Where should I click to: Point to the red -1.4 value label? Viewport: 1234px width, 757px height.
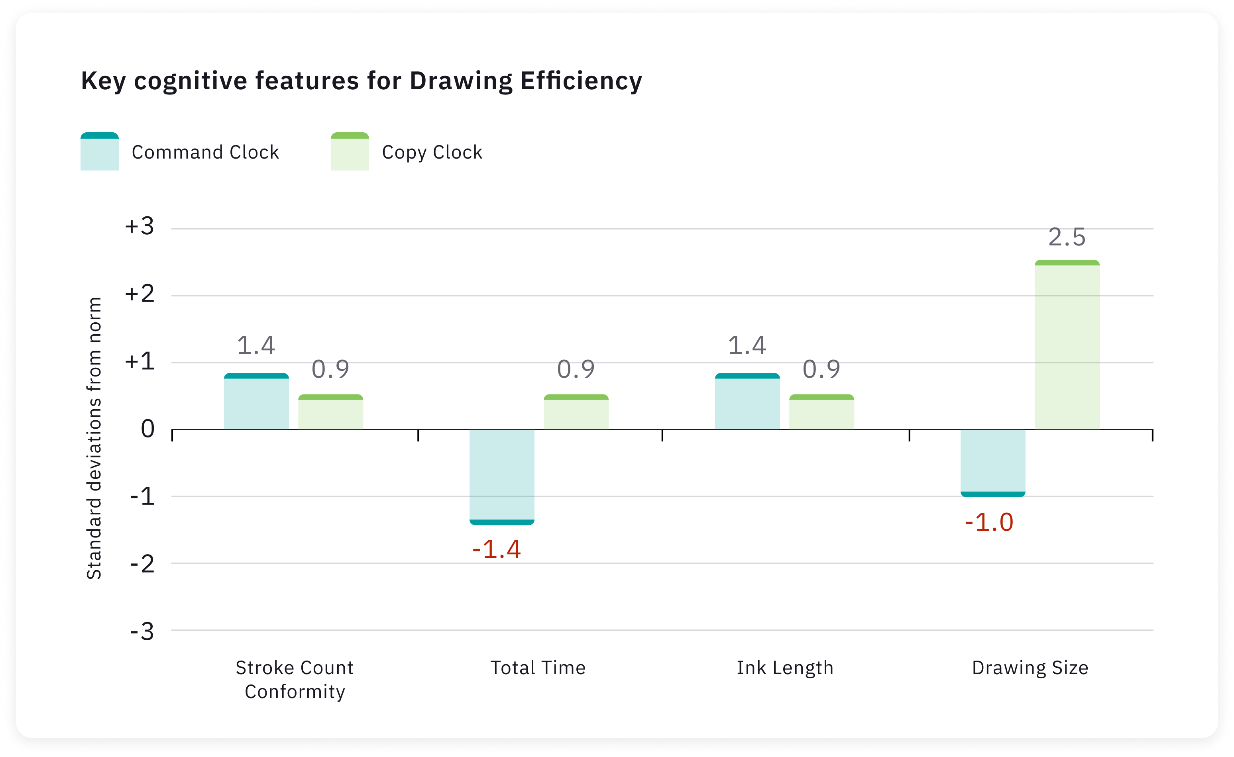pos(496,549)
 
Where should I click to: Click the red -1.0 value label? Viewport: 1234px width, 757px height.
pos(989,522)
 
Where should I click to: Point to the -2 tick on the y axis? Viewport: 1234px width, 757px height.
pos(142,564)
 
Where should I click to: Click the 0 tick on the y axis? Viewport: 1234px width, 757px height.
pos(148,429)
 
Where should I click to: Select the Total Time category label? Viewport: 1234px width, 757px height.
pos(538,668)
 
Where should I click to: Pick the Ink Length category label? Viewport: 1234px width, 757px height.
pos(785,668)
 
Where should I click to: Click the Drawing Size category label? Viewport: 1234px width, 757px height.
pos(1030,668)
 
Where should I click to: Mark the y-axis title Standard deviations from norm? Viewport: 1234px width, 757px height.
pos(94,438)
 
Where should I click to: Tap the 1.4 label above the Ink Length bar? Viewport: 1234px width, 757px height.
pos(747,345)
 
